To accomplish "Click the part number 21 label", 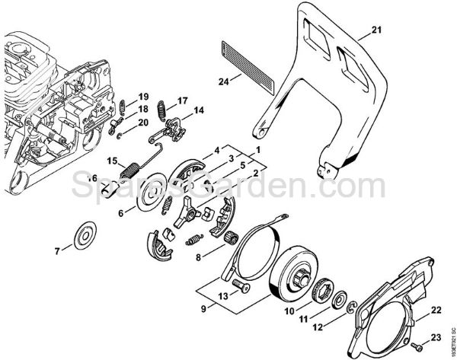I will click(x=375, y=30).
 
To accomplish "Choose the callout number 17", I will click(x=182, y=100).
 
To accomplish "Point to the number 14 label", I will click(x=198, y=110).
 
